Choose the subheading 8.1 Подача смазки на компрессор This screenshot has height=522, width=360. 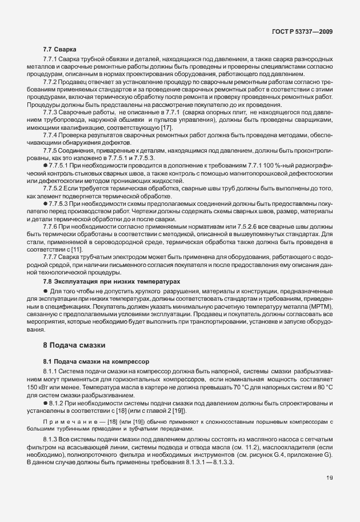pos(95,361)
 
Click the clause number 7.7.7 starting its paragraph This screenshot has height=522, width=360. pos(53,257)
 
